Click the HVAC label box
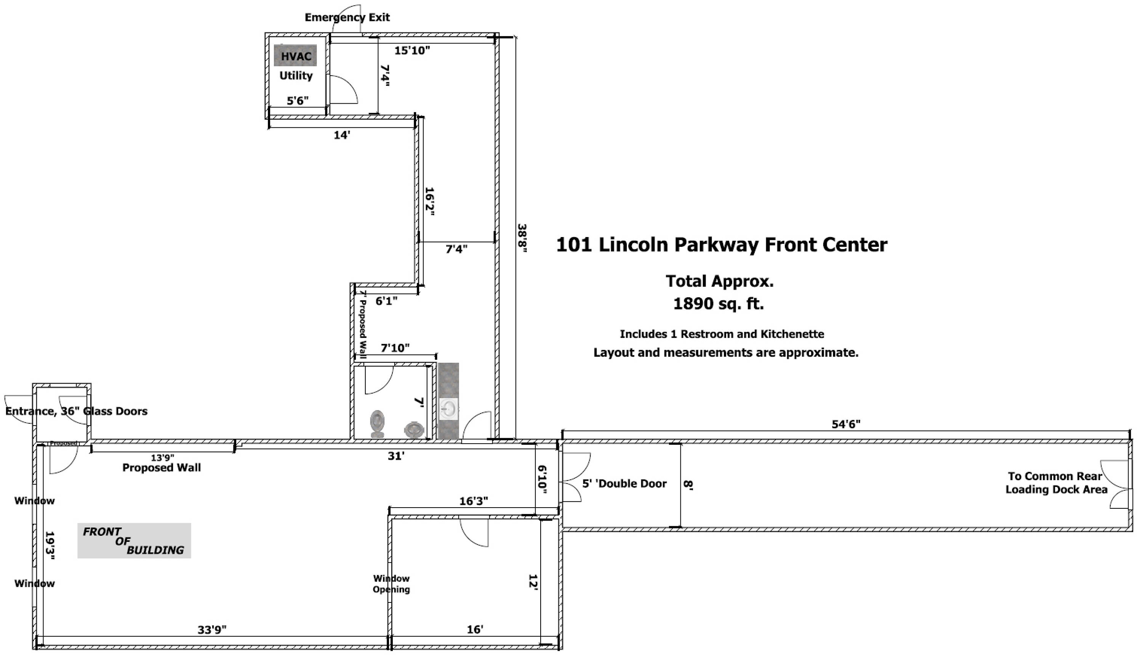tap(295, 56)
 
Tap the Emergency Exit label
tap(347, 17)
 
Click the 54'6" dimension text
tap(846, 424)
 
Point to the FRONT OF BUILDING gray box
tap(134, 540)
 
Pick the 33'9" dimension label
tap(212, 630)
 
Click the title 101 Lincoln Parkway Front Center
tap(722, 245)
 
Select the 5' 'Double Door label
tap(624, 483)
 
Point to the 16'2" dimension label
tap(429, 201)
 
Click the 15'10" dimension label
tap(412, 50)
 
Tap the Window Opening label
tap(391, 584)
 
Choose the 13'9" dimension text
tap(163, 458)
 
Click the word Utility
tap(296, 76)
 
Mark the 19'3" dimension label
tap(50, 546)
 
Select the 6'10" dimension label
tap(543, 479)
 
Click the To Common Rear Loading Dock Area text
tap(1056, 482)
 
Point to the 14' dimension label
tap(342, 135)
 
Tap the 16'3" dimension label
tap(474, 501)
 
